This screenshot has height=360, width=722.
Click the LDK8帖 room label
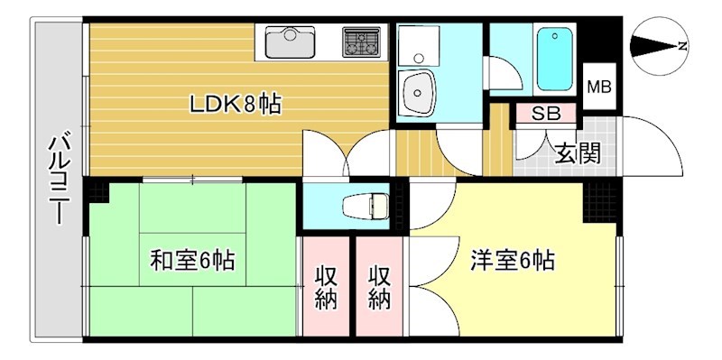235,105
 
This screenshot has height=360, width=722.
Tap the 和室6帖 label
192,262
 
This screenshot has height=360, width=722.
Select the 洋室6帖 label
512,262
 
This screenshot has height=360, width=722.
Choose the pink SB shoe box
544,114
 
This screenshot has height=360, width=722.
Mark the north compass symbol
658,46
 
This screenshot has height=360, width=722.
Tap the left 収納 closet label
327,287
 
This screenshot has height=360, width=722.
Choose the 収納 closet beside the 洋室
380,287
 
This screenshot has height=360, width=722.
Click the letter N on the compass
682,46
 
